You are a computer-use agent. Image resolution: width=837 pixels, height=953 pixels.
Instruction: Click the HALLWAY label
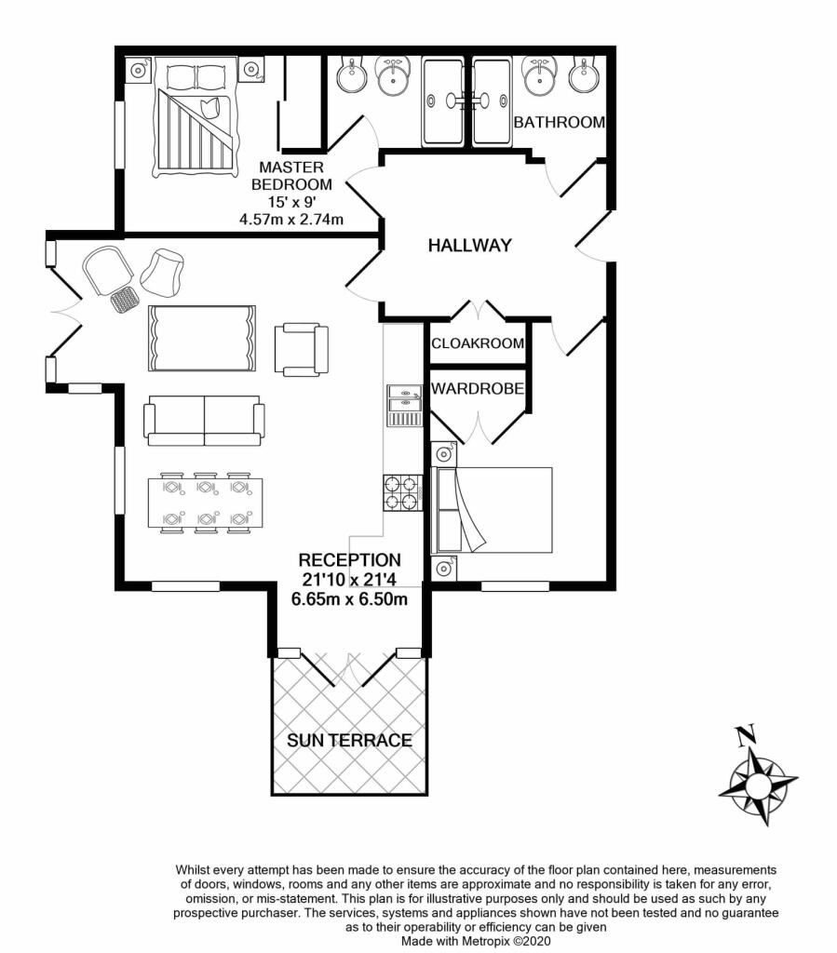click(x=469, y=246)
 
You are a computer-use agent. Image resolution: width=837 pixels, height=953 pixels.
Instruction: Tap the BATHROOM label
click(x=560, y=122)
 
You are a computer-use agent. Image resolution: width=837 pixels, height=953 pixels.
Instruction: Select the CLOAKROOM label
click(x=478, y=343)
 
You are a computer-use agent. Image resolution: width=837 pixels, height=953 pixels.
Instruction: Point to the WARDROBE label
click(x=477, y=387)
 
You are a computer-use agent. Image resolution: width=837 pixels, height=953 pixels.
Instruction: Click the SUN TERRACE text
click(x=349, y=741)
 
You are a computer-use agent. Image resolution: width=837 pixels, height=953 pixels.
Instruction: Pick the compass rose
click(x=758, y=783)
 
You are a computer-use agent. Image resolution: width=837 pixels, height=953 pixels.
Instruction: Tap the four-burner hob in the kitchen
click(x=401, y=492)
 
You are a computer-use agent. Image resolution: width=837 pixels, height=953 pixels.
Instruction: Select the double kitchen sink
click(x=403, y=405)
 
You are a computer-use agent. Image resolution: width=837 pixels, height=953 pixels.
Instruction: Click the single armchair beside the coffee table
click(x=302, y=349)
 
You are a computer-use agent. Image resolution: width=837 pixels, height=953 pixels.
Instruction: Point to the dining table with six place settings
click(x=205, y=504)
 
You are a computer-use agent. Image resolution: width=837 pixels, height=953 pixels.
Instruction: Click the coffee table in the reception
click(x=201, y=338)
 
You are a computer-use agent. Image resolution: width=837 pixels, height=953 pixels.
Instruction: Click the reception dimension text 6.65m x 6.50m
click(x=349, y=598)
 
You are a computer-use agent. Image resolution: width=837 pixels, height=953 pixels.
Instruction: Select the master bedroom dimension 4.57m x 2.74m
click(x=291, y=220)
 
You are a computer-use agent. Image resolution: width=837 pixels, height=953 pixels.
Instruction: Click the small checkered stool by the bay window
click(x=124, y=300)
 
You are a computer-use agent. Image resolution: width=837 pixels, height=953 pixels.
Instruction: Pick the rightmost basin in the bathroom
click(x=583, y=75)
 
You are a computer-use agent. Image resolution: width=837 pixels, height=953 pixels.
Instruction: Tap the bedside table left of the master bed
click(x=138, y=69)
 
